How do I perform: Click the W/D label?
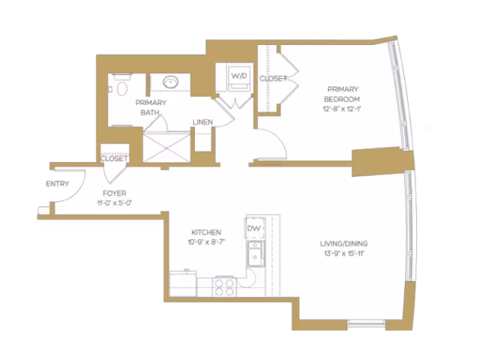click(x=238, y=76)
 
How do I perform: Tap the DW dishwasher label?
click(x=253, y=228)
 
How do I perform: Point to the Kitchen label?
click(x=205, y=232)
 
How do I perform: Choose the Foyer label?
click(x=115, y=193)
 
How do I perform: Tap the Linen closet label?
click(x=202, y=122)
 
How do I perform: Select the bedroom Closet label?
click(x=273, y=79)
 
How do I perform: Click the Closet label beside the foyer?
click(x=114, y=159)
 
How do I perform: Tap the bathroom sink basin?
click(x=169, y=82)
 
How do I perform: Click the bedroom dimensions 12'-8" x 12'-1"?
click(x=342, y=109)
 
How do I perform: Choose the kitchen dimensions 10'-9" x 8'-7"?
click(x=205, y=242)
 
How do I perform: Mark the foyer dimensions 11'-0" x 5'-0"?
click(x=115, y=203)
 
